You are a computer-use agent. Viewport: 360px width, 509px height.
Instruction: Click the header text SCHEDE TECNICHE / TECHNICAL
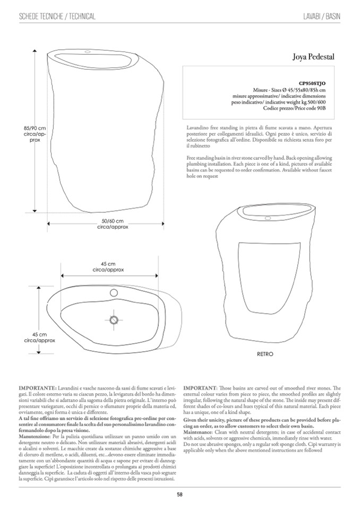(x=57, y=16)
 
